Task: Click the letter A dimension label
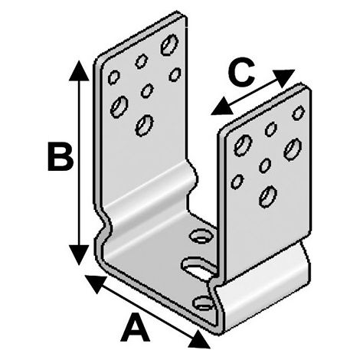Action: (x=135, y=328)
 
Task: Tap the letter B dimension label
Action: (x=61, y=157)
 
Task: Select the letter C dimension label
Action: (x=241, y=72)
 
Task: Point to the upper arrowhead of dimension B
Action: (x=79, y=70)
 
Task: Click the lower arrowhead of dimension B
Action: (x=79, y=254)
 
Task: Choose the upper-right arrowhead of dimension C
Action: (x=285, y=78)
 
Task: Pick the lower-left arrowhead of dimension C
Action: (x=221, y=106)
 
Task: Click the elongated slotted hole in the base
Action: (x=198, y=269)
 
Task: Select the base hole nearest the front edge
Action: (x=204, y=303)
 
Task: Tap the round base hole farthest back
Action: (x=201, y=236)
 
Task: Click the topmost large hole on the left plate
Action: (x=169, y=44)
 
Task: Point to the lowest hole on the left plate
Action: (x=144, y=125)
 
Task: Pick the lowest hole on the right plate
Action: (x=268, y=196)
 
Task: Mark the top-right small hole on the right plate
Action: (x=298, y=113)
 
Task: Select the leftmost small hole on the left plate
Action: (x=113, y=77)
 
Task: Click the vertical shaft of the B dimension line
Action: (x=79, y=162)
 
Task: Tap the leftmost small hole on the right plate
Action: (x=237, y=181)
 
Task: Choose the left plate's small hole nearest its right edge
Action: (x=175, y=74)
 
